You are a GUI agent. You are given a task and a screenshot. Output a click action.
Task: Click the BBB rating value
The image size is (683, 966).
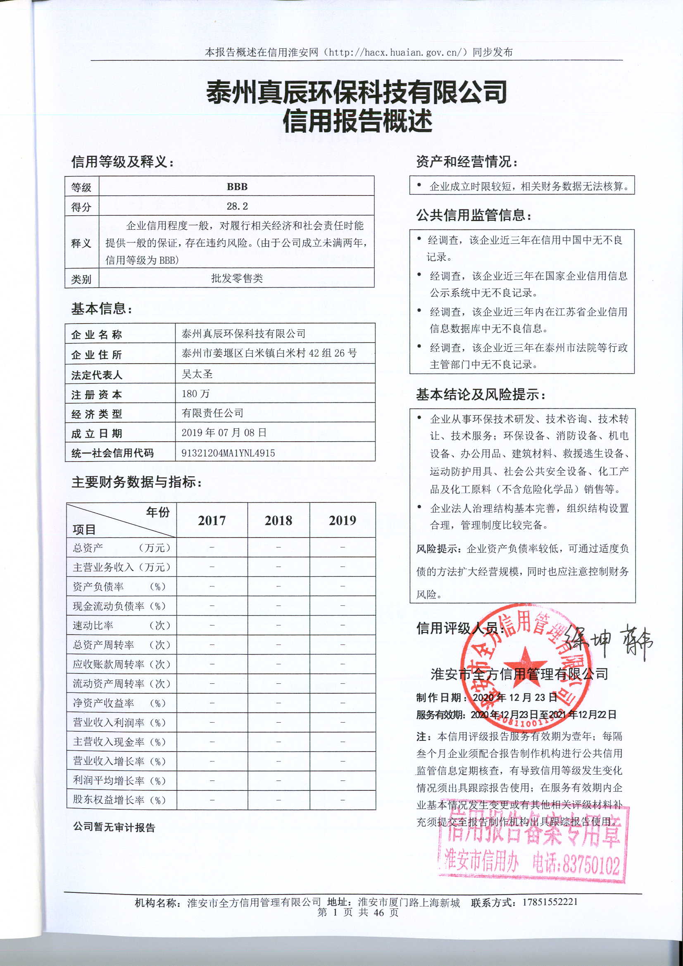click(x=237, y=187)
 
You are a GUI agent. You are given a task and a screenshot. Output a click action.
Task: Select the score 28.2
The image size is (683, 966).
click(x=237, y=206)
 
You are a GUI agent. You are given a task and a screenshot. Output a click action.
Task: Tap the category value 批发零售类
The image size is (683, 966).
click(x=237, y=278)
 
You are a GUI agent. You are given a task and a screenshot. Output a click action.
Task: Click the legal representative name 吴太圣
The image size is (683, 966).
click(x=197, y=374)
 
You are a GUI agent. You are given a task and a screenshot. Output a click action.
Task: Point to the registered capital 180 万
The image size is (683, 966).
click(x=195, y=393)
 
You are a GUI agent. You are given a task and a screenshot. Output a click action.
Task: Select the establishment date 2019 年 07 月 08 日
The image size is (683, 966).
click(x=224, y=433)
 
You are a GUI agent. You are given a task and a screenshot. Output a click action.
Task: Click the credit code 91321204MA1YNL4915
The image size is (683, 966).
click(x=228, y=453)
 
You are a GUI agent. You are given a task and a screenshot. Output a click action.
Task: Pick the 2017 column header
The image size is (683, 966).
click(x=212, y=521)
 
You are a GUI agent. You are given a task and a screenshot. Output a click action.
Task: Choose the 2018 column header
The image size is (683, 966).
click(x=278, y=521)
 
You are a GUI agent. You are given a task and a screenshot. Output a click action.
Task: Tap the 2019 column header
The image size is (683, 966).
click(x=342, y=521)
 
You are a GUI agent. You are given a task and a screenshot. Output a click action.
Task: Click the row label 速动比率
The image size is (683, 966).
click(x=93, y=625)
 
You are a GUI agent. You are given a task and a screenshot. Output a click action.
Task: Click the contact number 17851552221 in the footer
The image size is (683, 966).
click(x=550, y=902)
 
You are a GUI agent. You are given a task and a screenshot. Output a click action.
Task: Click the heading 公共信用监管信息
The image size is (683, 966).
click(x=474, y=215)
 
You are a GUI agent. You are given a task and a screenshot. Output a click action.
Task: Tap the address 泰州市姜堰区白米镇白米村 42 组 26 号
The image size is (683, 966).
click(x=269, y=353)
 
